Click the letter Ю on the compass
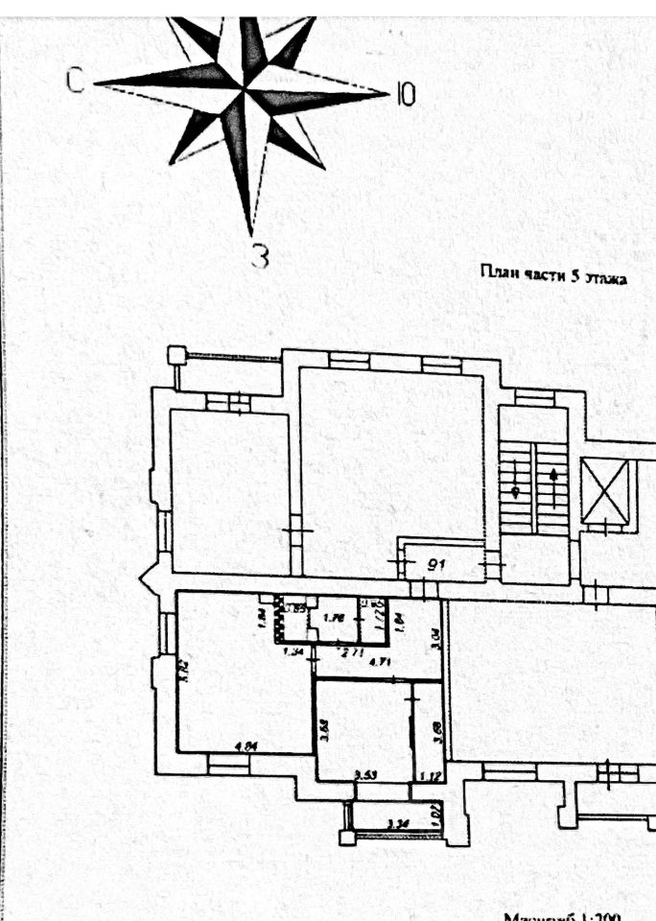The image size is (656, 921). (x=406, y=94)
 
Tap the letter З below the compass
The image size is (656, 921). (x=259, y=255)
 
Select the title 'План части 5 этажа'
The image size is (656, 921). (x=552, y=277)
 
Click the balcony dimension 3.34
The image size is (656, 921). (x=396, y=822)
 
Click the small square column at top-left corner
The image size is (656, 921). (x=176, y=355)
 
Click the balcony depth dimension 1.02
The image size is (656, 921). (x=437, y=813)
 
